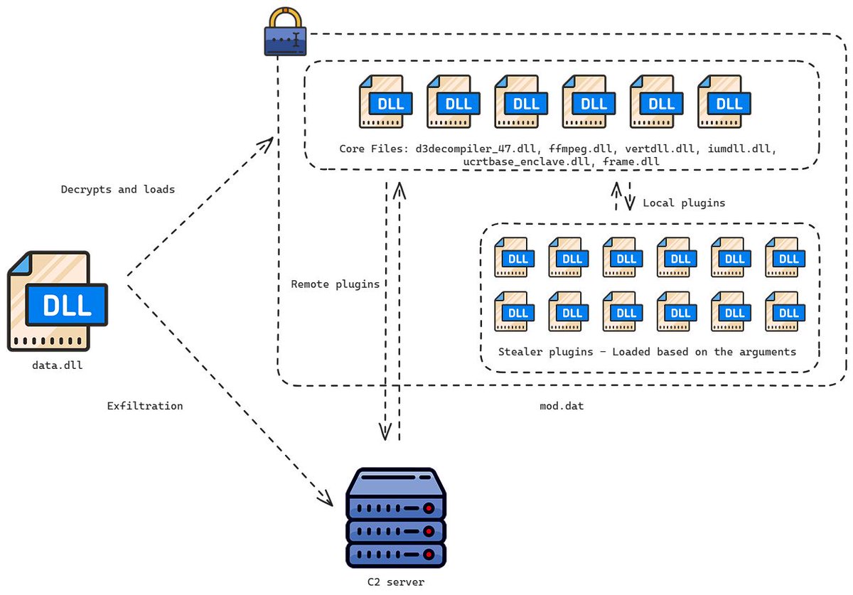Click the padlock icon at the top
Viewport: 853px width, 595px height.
pos(285,33)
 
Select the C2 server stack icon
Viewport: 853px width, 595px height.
pos(395,517)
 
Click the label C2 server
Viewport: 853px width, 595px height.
pos(395,581)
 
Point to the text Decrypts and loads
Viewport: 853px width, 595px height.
pos(117,190)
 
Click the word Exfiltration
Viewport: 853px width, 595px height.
pos(145,406)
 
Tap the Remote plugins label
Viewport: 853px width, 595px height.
pos(335,284)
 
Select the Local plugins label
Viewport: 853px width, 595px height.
pos(684,203)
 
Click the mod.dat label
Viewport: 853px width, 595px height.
pos(562,406)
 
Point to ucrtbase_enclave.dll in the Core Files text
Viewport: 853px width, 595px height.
pos(530,162)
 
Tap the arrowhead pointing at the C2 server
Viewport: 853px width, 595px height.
pos(326,499)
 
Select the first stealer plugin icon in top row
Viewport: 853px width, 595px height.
pos(514,257)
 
